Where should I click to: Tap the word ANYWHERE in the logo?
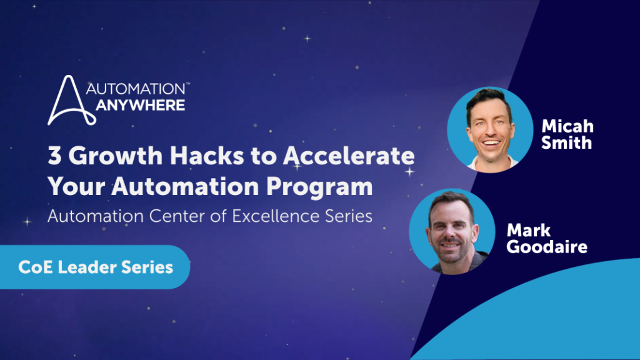pos(141,105)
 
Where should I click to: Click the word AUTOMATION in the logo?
pos(136,89)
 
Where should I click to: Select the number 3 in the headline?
pos(54,156)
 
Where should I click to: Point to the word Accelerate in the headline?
pos(349,156)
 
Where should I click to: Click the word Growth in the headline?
pos(116,156)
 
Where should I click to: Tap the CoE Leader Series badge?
pos(95,267)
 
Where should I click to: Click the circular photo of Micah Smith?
pos(490,129)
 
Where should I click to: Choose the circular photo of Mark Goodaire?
pos(452,231)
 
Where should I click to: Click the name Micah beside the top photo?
pos(567,126)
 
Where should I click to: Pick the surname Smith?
pos(566,143)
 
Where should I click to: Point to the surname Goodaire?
pos(547,247)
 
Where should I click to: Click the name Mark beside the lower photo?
pos(529,231)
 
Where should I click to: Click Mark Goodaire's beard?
pos(451,251)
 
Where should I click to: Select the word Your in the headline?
pos(76,187)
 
